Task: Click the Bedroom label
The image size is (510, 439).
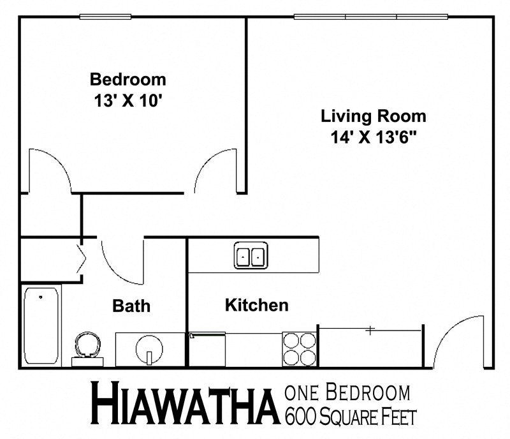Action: coord(128,80)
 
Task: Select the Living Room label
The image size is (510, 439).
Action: coord(374,117)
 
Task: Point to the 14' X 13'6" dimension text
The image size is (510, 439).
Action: coord(374,137)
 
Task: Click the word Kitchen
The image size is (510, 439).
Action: coord(256,305)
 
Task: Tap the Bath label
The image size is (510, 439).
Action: coord(132,306)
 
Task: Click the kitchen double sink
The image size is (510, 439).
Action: coord(251,255)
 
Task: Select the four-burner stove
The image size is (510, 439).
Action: coord(299,348)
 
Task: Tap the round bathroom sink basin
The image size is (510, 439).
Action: coord(149,349)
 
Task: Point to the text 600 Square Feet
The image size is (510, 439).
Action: coord(351,417)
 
